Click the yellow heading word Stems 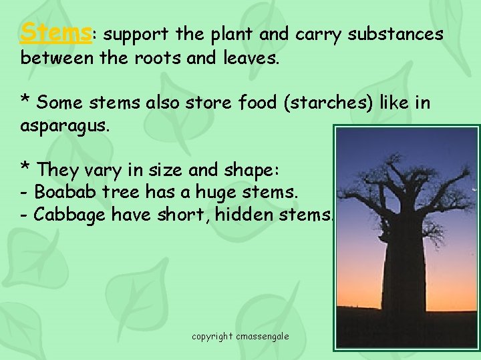click(55, 31)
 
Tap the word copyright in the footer click(212, 336)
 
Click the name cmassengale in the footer click(262, 336)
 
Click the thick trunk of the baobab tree click(405, 280)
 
